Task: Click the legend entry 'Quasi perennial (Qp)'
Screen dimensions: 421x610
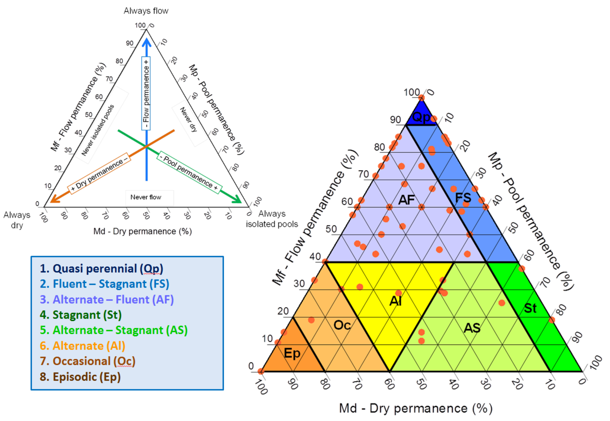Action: click(x=101, y=268)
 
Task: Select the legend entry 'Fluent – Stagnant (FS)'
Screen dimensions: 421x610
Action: click(x=104, y=284)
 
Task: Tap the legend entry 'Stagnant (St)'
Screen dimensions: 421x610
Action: click(x=81, y=315)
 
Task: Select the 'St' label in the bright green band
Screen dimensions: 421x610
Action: click(x=530, y=308)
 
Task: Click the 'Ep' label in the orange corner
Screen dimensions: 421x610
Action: click(x=292, y=353)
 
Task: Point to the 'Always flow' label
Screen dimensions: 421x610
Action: click(x=146, y=11)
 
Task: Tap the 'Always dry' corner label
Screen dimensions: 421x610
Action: click(x=17, y=220)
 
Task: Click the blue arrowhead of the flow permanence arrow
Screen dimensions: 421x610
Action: click(x=146, y=42)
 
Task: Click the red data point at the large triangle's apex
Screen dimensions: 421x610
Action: click(x=421, y=98)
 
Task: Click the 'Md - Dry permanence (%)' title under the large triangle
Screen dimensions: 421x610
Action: click(x=416, y=408)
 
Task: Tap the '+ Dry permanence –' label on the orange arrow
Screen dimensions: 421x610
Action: click(x=99, y=173)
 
